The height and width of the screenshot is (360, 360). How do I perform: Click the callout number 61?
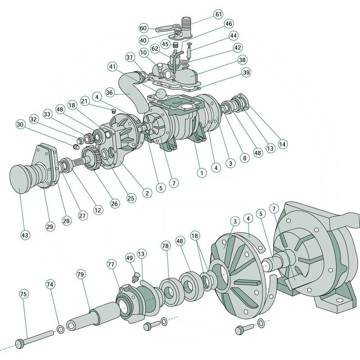tap(219, 14)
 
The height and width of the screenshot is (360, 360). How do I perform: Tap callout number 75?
tap(23, 294)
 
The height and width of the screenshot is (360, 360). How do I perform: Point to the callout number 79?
tap(81, 274)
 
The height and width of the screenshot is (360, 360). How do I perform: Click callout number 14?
tap(282, 144)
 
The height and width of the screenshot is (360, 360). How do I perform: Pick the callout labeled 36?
tap(109, 92)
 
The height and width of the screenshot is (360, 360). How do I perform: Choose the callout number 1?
tap(201, 172)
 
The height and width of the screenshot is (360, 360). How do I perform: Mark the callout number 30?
tap(20, 124)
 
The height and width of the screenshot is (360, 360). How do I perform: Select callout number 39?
tap(246, 72)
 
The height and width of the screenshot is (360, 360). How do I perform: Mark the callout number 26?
tap(115, 204)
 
